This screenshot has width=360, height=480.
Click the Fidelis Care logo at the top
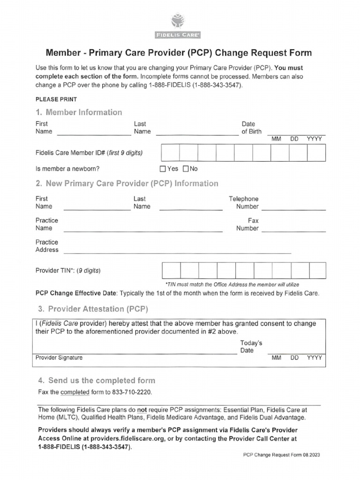click(x=180, y=27)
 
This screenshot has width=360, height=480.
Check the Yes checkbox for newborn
click(x=163, y=169)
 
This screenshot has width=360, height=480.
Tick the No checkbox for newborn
click(x=185, y=169)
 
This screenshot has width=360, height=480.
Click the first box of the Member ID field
click(x=170, y=153)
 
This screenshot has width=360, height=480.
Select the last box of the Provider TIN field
click(x=317, y=270)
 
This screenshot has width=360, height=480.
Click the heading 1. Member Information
click(x=79, y=112)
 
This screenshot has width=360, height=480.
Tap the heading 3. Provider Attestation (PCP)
click(x=92, y=309)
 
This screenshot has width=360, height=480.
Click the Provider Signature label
click(x=59, y=358)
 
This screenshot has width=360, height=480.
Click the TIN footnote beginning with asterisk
click(x=232, y=284)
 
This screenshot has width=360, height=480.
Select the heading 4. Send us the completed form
click(x=96, y=380)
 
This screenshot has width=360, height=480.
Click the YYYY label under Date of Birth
click(x=315, y=139)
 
